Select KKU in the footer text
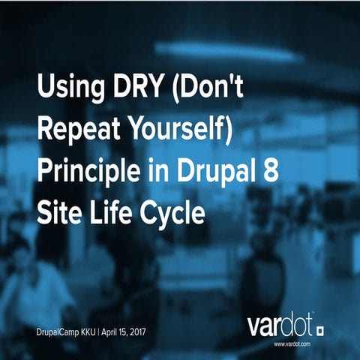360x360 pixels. pos(92,331)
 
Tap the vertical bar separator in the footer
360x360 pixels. pos(104,331)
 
